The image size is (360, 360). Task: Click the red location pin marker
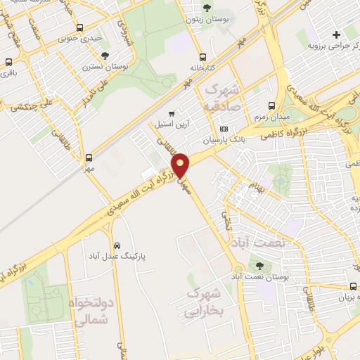pyautogui.click(x=181, y=165)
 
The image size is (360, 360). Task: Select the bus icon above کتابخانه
pyautogui.click(x=203, y=57)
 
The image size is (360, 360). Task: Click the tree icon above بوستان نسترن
pyautogui.click(x=105, y=55)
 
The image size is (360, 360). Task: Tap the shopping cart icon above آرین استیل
pyautogui.click(x=171, y=113)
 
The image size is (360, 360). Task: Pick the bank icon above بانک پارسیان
pyautogui.click(x=224, y=129)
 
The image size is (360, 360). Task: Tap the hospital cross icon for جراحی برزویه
pyautogui.click(x=335, y=34)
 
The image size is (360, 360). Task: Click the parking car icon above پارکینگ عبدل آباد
pyautogui.click(x=116, y=246)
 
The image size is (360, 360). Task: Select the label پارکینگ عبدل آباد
pyautogui.click(x=117, y=257)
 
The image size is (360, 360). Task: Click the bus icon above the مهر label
pyautogui.click(x=89, y=157)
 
